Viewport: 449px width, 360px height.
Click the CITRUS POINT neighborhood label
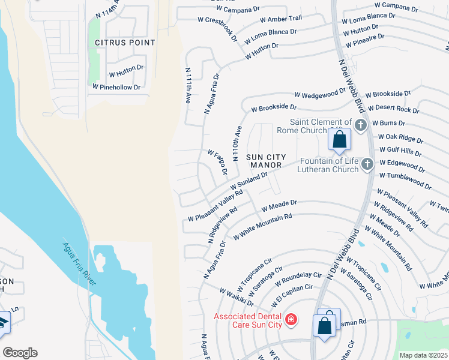pyautogui.click(x=125, y=43)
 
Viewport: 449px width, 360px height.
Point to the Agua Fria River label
pyautogui.click(x=80, y=264)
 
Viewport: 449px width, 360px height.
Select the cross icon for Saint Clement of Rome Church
pyautogui.click(x=360, y=125)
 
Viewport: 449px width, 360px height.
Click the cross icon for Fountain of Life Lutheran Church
pyautogui.click(x=367, y=164)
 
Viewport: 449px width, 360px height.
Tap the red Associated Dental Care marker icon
pyautogui.click(x=291, y=319)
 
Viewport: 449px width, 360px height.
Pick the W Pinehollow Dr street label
pyautogui.click(x=116, y=87)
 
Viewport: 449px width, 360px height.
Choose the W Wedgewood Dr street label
pyautogui.click(x=320, y=94)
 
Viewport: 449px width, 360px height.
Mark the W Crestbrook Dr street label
pyautogui.click(x=218, y=29)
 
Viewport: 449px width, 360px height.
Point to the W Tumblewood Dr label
pyautogui.click(x=405, y=180)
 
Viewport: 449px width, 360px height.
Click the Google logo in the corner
pyautogui.click(x=20, y=353)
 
